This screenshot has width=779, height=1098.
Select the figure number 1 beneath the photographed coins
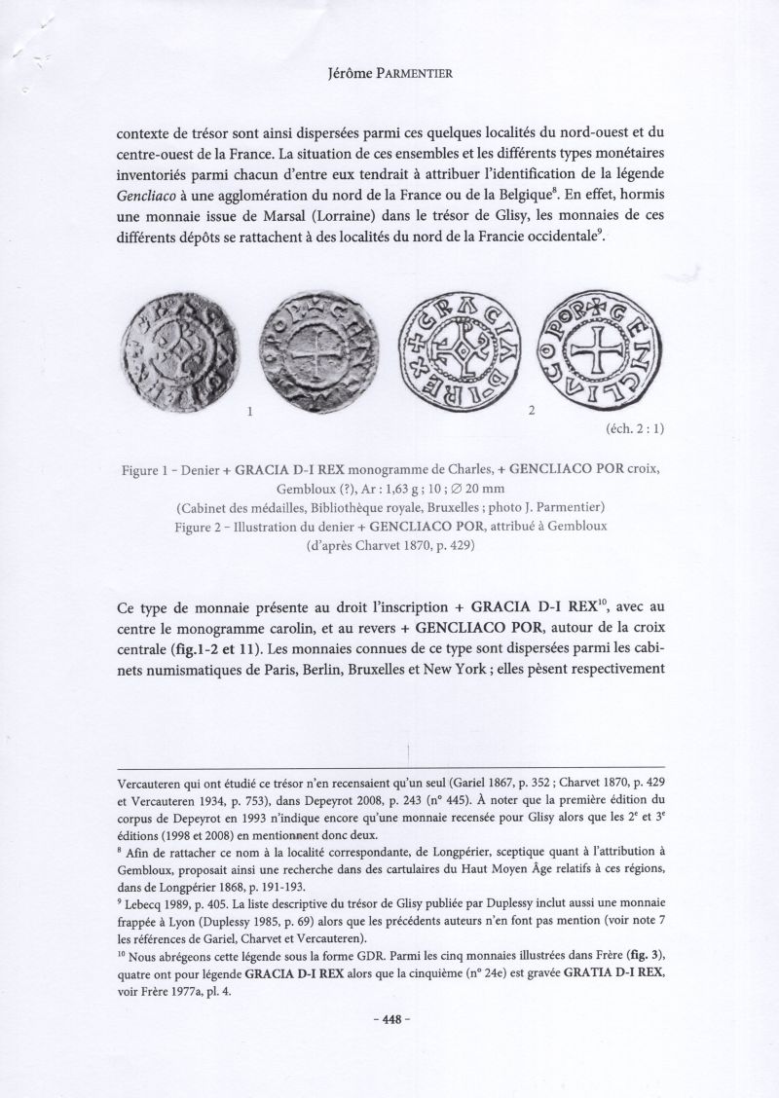coord(250,413)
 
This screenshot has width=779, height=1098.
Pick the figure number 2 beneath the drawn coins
coord(531,412)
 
